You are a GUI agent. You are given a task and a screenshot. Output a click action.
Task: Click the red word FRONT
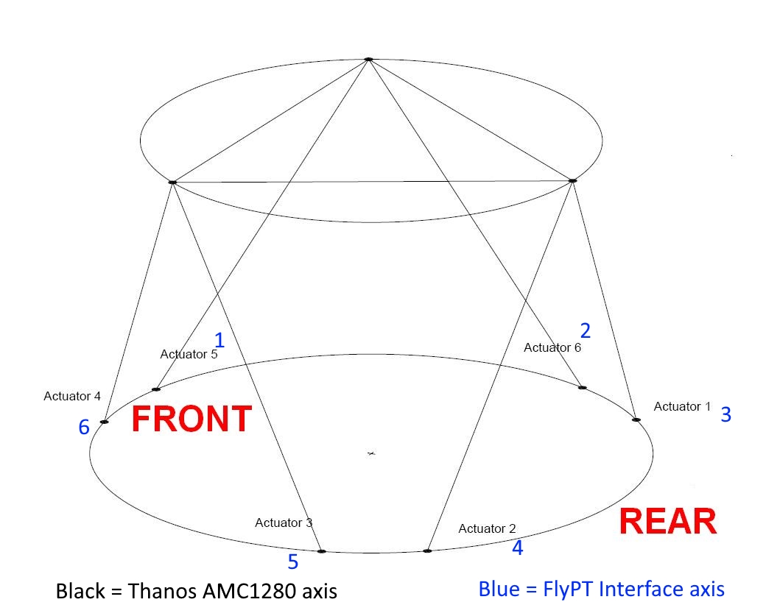191,419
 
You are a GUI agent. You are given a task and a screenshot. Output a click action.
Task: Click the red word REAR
667,522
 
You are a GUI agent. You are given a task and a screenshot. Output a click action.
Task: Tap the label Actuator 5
189,354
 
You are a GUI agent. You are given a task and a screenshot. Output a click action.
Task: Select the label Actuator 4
72,396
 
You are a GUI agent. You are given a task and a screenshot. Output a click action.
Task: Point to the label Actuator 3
284,523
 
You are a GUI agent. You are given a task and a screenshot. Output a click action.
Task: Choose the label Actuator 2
487,528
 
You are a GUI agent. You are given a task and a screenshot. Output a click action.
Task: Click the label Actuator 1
682,406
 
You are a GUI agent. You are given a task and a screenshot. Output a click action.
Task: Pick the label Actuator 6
552,347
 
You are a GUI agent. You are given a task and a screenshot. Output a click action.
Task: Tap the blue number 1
219,339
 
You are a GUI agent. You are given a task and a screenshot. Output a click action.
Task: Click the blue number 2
585,330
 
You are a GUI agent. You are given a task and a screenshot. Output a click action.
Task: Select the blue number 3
725,414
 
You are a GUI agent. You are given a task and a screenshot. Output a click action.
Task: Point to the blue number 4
517,548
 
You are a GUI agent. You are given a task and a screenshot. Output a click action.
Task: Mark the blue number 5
292,562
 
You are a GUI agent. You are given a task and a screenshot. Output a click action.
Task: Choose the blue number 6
84,427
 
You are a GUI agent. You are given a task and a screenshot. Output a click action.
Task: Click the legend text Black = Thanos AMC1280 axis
197,591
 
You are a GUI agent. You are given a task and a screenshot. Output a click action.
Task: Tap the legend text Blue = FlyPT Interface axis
601,589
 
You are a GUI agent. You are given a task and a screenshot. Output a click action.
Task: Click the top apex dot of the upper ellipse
368,59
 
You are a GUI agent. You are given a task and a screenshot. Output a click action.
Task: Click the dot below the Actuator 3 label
321,550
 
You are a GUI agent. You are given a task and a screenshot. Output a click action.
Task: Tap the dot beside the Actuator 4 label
104,422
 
